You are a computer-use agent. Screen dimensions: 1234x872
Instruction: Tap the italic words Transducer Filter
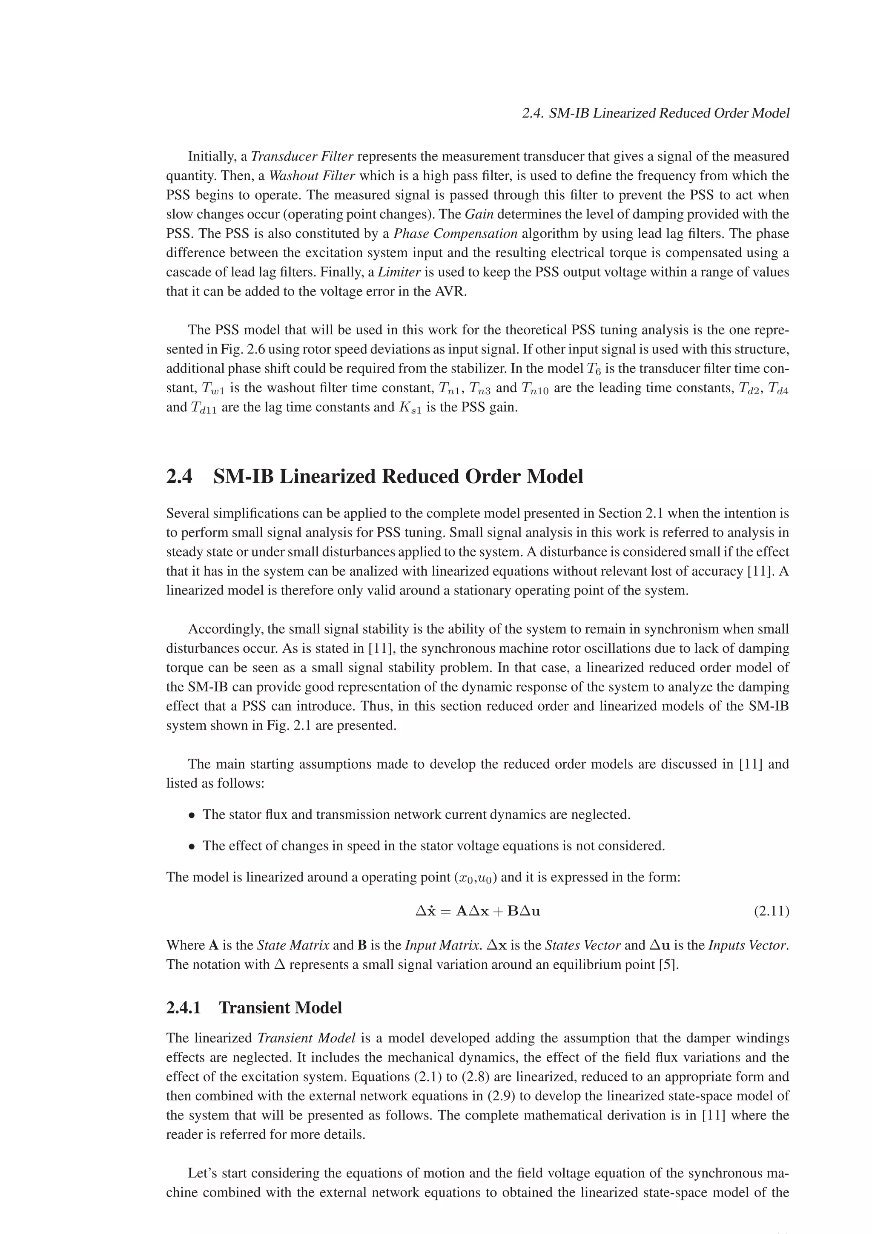click(302, 156)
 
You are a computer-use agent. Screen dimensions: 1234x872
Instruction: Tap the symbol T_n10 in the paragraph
click(535, 389)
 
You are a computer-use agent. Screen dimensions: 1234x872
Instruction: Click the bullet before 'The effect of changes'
click(191, 847)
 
